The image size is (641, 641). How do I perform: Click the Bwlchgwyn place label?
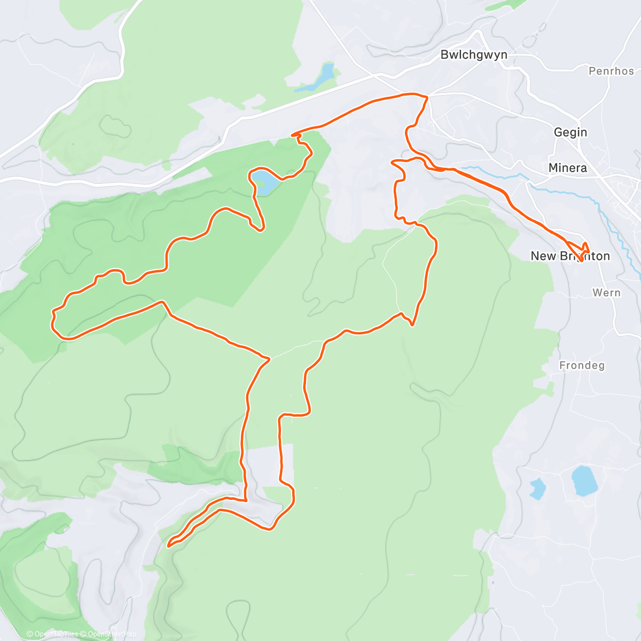pos(473,55)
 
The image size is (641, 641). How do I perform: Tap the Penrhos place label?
pos(611,71)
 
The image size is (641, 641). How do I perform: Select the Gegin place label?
pos(570,132)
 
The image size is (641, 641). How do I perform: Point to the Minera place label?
pos(567,168)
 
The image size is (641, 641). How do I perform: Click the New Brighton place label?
pos(570,256)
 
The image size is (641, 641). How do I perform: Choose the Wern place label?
pos(606,293)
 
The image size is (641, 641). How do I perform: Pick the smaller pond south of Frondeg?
pos(537,488)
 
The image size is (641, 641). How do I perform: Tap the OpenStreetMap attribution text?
pos(112,634)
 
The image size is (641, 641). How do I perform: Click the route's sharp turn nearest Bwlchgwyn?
pos(427,97)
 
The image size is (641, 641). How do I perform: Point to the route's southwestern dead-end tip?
pos(169,545)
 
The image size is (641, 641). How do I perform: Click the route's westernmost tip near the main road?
pos(292,135)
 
